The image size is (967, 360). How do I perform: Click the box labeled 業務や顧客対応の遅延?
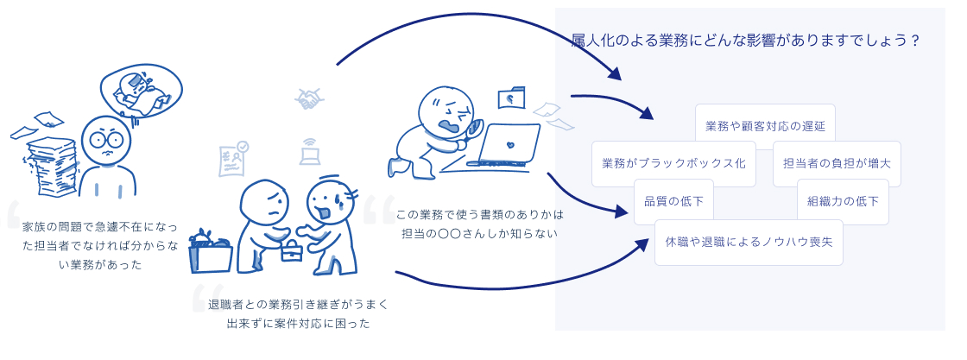pos(765,126)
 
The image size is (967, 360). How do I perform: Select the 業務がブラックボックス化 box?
pos(674,163)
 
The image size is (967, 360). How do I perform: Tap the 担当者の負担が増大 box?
pos(837,163)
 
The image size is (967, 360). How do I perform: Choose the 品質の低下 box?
pos(674,201)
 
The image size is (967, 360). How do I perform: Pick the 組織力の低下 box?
pos(843,201)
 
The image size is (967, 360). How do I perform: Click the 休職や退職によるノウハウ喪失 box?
pos(749,243)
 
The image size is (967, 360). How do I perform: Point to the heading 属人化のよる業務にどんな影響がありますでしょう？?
pos(746,41)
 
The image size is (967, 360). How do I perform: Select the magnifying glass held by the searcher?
pos(475,129)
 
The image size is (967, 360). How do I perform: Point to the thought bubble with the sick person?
pos(142,92)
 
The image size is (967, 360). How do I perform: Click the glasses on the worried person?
pos(107,140)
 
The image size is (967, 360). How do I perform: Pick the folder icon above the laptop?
pos(511,98)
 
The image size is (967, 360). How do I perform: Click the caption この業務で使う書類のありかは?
pos(480,215)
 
